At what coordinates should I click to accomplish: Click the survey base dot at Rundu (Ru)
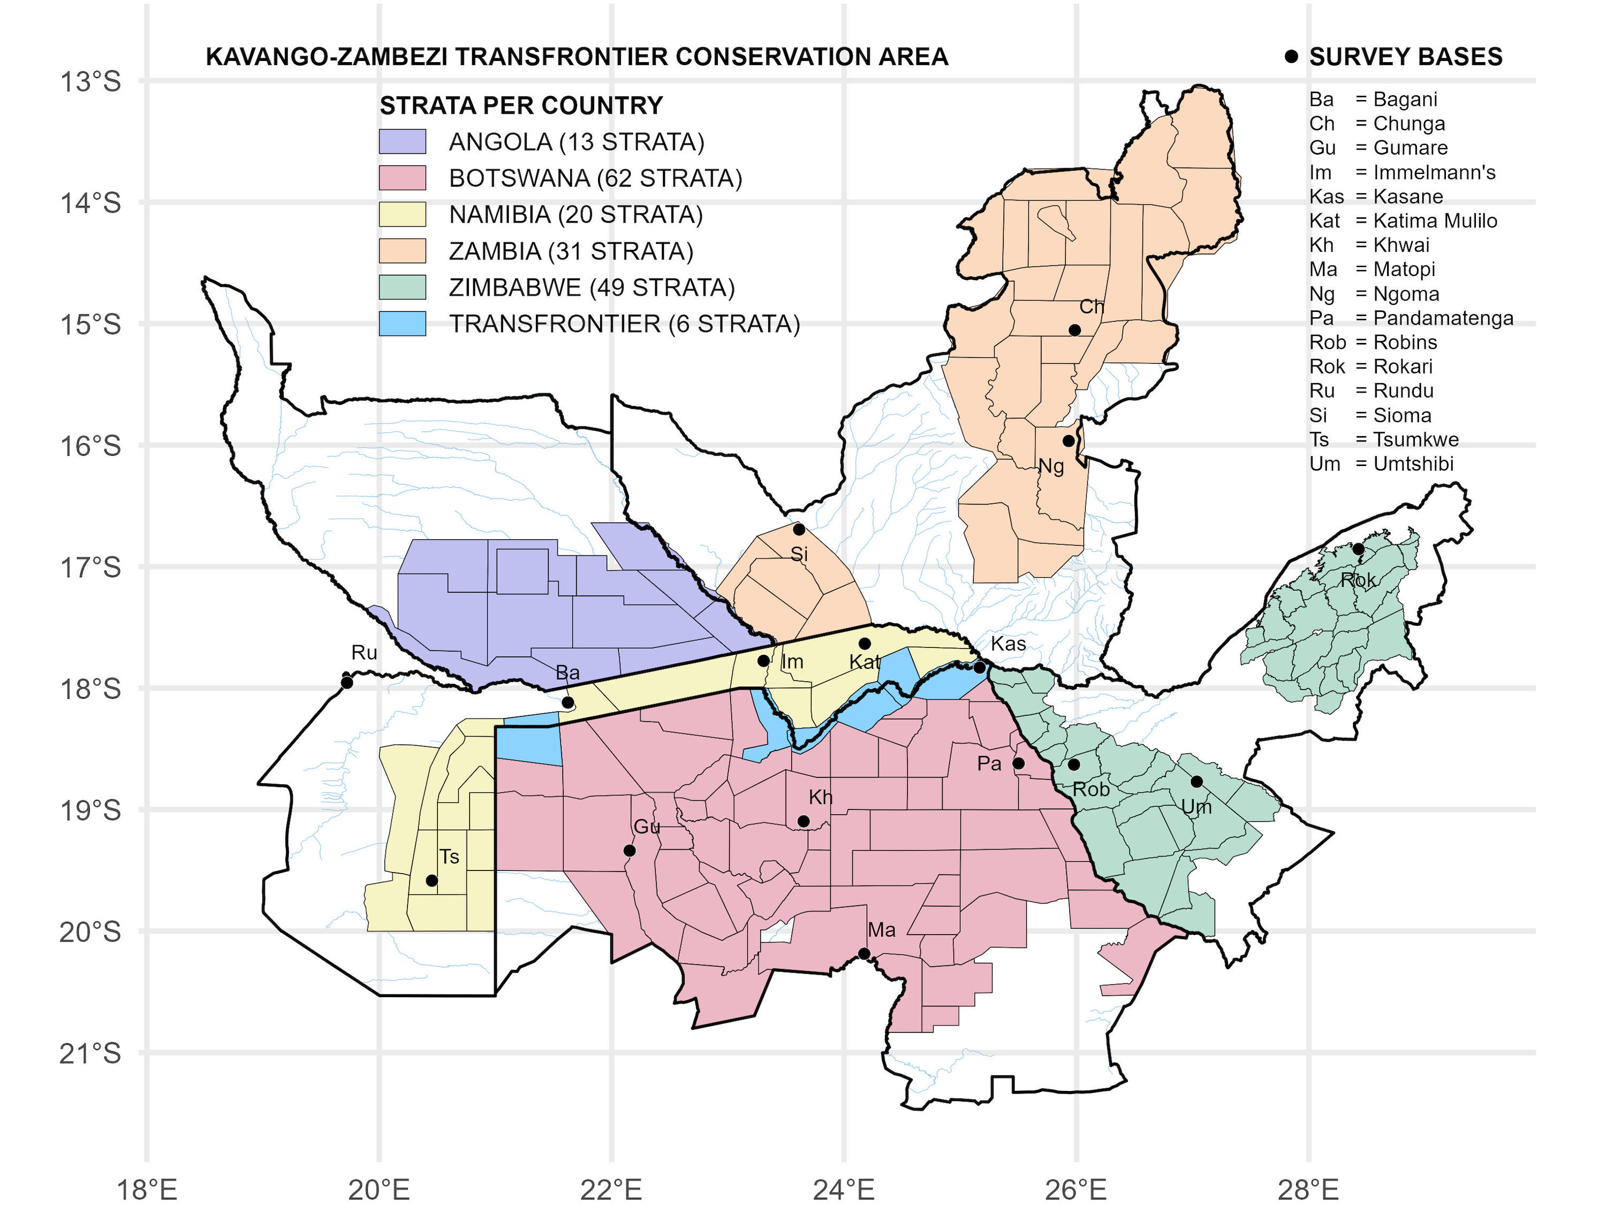click(x=347, y=683)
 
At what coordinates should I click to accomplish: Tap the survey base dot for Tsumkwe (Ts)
click(x=431, y=880)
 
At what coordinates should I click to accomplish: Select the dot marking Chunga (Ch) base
click(x=1074, y=330)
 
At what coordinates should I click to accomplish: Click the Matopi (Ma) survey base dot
click(x=864, y=953)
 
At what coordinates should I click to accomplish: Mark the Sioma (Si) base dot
click(x=799, y=529)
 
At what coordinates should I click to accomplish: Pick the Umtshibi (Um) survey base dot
click(x=1196, y=782)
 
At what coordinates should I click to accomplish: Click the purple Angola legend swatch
click(x=402, y=141)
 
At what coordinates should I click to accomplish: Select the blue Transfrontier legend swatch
click(x=402, y=324)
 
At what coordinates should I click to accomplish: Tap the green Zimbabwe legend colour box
click(x=402, y=287)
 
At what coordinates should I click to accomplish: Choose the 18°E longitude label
click(x=147, y=1190)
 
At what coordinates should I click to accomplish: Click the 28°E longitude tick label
click(x=1308, y=1190)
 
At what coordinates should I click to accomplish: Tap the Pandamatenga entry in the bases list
click(x=1411, y=318)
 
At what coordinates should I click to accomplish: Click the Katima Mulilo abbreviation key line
click(x=1403, y=220)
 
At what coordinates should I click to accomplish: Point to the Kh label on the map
click(x=821, y=797)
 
